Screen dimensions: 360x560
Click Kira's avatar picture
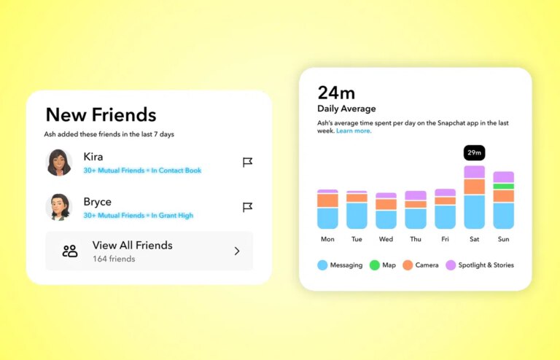(x=59, y=162)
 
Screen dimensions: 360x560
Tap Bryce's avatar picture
(x=59, y=207)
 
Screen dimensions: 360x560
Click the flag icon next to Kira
(x=247, y=163)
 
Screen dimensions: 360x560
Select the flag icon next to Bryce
(x=247, y=208)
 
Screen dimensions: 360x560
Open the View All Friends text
(x=132, y=246)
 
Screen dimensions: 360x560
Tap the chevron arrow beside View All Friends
(x=237, y=251)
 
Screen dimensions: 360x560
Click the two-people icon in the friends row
(x=70, y=251)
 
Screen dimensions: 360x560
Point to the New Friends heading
(x=101, y=114)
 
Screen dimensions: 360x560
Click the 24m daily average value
(x=336, y=93)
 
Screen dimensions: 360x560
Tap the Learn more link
(x=354, y=131)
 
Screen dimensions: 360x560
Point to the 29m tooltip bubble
(x=474, y=153)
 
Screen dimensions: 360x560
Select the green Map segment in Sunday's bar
(x=503, y=187)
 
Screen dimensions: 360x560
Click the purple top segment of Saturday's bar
(x=474, y=172)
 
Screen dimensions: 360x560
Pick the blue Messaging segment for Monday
(x=327, y=218)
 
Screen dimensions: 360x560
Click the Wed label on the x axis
(x=386, y=239)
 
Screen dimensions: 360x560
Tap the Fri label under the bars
(x=445, y=239)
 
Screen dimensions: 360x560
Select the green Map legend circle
(x=374, y=265)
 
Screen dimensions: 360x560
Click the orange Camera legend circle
(x=408, y=265)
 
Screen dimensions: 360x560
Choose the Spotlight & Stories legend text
(x=486, y=265)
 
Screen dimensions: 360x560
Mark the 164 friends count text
(x=114, y=259)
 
